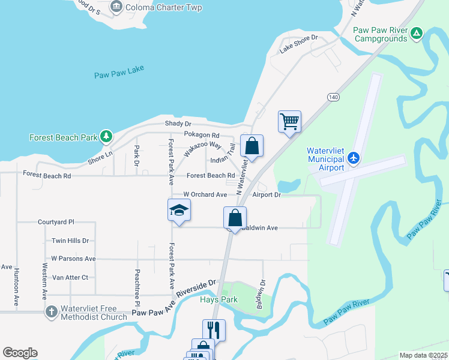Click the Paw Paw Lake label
coord(119,75)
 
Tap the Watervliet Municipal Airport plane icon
coord(354,158)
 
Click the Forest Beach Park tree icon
coord(106,137)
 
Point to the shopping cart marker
coord(289,122)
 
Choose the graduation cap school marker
coord(179,210)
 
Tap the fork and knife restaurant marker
coord(214,329)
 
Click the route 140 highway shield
coord(334,97)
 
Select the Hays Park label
coord(219,299)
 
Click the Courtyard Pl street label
coord(55,221)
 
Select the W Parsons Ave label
coord(73,259)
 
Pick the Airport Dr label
coord(267,194)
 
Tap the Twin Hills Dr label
coord(70,241)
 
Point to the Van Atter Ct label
coord(70,277)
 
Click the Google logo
coord(20,353)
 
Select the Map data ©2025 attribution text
coord(424,355)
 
